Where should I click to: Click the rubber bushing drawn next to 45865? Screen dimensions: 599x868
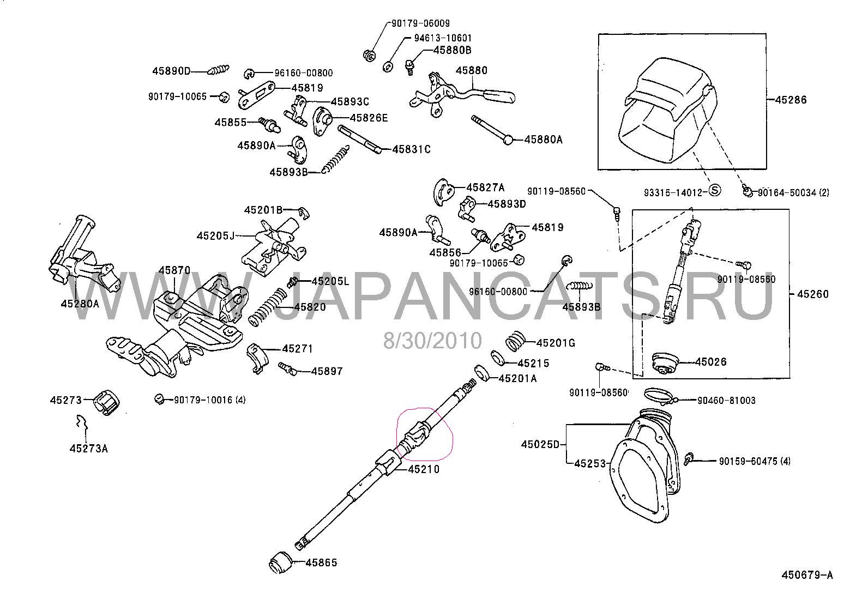click(282, 563)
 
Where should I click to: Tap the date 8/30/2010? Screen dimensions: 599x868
click(433, 341)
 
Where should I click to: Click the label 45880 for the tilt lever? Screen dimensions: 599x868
click(472, 70)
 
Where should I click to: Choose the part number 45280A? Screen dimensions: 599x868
click(80, 304)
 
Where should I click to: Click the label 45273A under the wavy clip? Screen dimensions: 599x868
click(88, 449)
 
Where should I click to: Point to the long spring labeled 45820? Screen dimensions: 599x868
click(267, 307)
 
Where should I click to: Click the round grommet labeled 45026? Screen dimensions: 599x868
click(664, 363)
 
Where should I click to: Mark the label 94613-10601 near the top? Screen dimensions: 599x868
click(442, 38)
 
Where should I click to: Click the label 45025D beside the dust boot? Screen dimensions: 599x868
click(540, 444)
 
